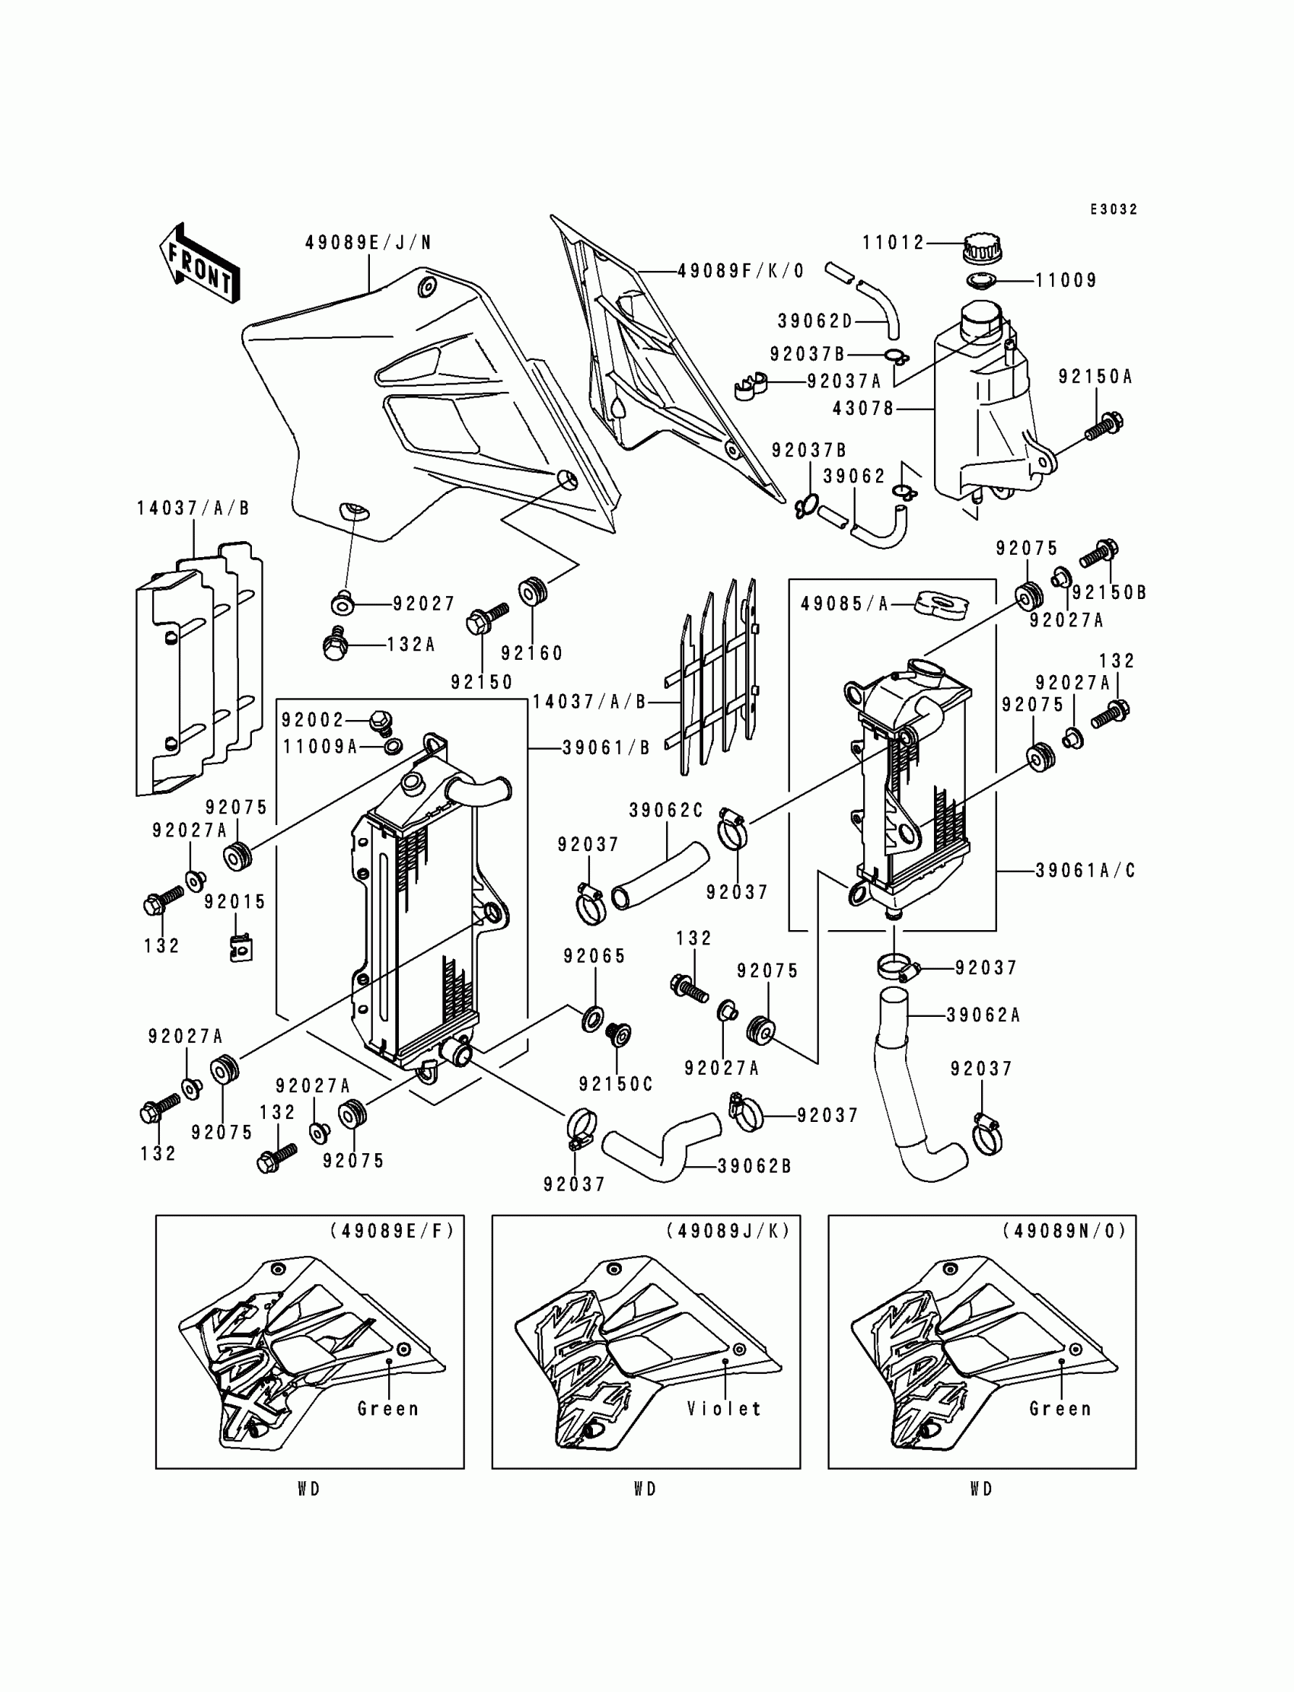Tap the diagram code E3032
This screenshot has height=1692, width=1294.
[1113, 209]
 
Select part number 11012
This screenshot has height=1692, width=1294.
[893, 244]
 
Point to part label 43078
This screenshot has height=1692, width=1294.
[862, 409]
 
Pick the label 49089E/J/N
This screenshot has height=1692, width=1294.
[368, 244]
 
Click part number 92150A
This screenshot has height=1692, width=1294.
[1095, 378]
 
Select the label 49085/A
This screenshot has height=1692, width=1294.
[844, 604]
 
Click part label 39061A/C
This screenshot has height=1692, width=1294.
[1085, 871]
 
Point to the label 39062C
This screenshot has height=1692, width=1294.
[666, 811]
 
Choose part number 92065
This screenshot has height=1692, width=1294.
[594, 957]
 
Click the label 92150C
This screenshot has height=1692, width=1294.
[616, 1085]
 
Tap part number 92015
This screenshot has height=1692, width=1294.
[235, 902]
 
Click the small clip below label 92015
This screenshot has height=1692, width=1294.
[242, 948]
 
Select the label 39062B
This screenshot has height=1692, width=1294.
[754, 1167]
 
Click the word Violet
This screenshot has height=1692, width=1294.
[723, 1410]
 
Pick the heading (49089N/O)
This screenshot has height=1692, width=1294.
[1063, 1232]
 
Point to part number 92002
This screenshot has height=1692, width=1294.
[313, 720]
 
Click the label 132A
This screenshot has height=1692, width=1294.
[410, 645]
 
